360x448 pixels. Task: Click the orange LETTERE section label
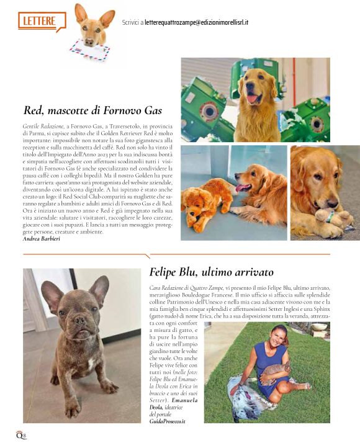point(40,20)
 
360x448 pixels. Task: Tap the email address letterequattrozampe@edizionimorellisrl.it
point(196,22)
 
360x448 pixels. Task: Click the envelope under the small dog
point(89,50)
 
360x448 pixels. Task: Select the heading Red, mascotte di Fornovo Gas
point(92,111)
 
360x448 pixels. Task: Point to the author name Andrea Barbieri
point(41,238)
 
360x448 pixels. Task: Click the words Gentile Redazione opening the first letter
point(41,126)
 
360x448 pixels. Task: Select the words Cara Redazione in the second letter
point(171,289)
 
